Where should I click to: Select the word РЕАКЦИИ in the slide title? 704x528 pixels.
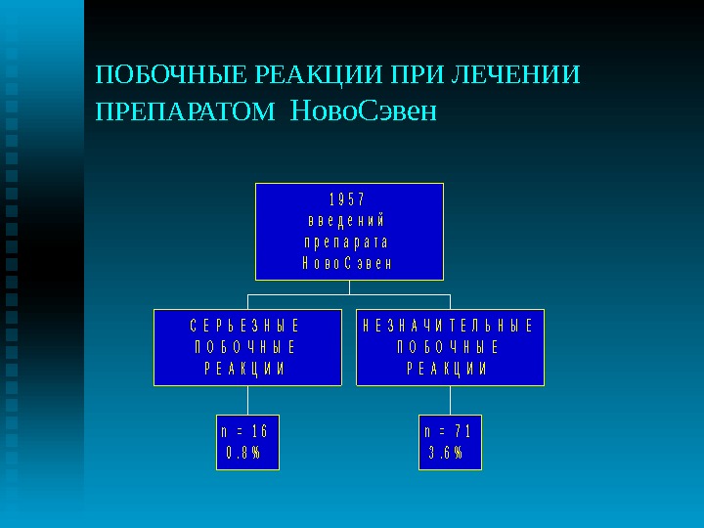320,75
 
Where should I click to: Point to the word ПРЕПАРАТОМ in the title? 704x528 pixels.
186,113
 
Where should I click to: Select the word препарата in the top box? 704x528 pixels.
348,242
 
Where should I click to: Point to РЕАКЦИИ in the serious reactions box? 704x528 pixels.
247,369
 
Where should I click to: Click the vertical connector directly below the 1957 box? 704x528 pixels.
349,286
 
